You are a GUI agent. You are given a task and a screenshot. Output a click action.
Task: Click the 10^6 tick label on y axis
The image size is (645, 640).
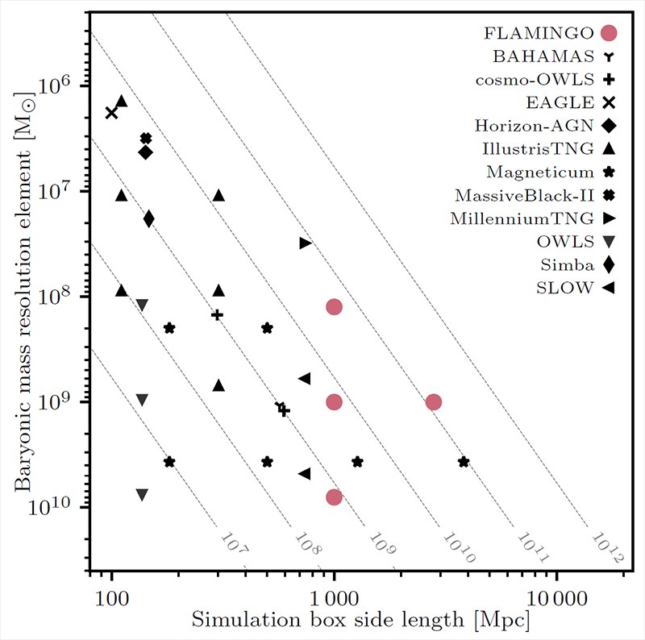click(x=53, y=86)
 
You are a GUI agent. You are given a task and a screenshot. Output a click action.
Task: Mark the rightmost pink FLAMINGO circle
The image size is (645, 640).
click(x=434, y=402)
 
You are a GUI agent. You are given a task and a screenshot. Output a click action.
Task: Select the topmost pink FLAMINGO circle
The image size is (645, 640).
click(x=334, y=306)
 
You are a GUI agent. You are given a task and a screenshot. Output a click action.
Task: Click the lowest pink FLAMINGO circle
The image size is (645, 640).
click(x=334, y=497)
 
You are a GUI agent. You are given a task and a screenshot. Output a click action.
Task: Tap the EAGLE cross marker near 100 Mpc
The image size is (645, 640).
click(x=111, y=113)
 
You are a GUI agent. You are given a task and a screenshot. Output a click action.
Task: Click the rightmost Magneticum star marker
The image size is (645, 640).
click(x=464, y=462)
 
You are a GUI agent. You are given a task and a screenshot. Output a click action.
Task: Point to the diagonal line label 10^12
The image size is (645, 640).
click(x=606, y=546)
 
